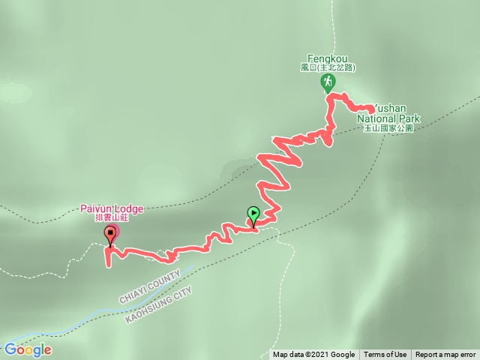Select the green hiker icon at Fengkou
(x=328, y=81)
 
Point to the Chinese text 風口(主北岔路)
(x=327, y=67)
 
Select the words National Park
(x=388, y=118)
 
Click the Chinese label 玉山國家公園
(x=388, y=128)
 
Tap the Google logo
(x=27, y=349)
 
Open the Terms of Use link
(x=385, y=355)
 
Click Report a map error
(x=445, y=355)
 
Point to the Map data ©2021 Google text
(x=313, y=355)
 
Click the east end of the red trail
(x=372, y=110)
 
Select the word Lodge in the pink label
(x=128, y=208)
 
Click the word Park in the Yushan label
(x=408, y=118)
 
